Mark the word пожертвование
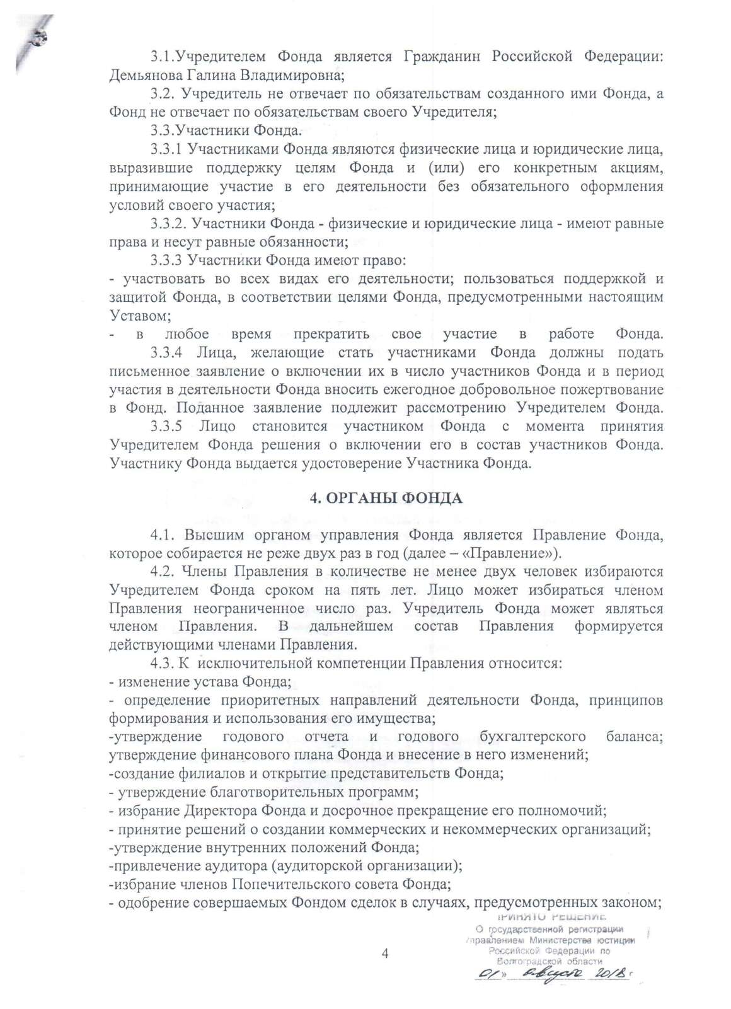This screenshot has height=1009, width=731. click(x=607, y=389)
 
